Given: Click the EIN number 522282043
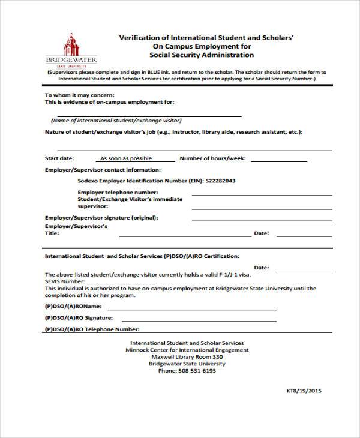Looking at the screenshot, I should coord(220,181).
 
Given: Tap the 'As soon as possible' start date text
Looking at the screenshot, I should coord(125,159).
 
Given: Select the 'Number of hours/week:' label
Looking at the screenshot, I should coord(212,158).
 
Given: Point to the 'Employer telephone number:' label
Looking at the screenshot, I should coord(113,192).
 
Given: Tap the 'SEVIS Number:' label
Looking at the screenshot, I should coord(65,281).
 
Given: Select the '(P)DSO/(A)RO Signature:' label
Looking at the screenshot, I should coord(79,317).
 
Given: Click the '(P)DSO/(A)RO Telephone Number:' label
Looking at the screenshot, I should coord(92,329).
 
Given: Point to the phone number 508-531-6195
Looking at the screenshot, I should coord(187,371).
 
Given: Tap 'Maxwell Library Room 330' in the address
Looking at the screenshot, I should coord(187,357).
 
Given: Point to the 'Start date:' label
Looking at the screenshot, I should coord(59,158).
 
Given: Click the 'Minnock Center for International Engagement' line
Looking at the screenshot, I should coord(187,350).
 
